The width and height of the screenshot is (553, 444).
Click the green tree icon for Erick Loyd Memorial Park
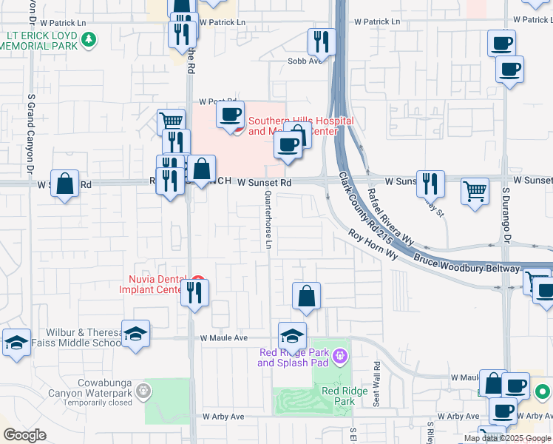tap(89, 38)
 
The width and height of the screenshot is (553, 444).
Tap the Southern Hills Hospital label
tap(300, 126)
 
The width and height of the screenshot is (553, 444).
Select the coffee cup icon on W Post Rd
tap(230, 115)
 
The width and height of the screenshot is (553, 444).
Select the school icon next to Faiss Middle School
tap(136, 334)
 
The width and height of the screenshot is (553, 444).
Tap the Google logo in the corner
tap(24, 434)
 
